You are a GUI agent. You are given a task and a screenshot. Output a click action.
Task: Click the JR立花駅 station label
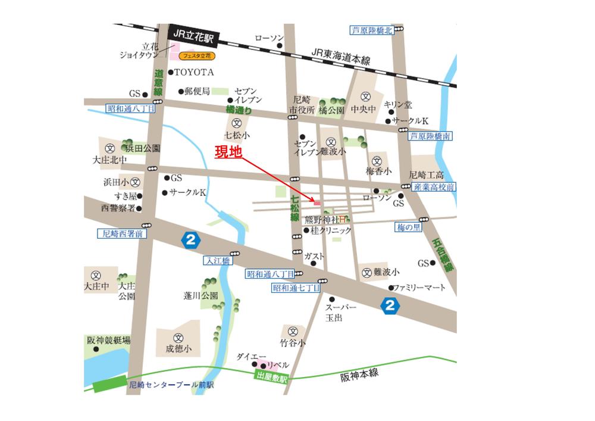pyautogui.click(x=193, y=35)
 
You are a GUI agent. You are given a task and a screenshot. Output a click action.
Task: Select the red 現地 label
pyautogui.click(x=228, y=152)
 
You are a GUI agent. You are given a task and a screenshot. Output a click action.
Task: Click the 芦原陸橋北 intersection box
pyautogui.click(x=371, y=30)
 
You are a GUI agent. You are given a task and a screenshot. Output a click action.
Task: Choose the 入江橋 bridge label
pyautogui.click(x=218, y=260)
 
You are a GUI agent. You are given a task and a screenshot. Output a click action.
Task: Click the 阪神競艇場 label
pyautogui.click(x=108, y=341)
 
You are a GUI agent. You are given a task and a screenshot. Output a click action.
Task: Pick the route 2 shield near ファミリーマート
pyautogui.click(x=390, y=306)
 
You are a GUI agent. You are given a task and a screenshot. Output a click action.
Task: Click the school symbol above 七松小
pyautogui.click(x=236, y=124)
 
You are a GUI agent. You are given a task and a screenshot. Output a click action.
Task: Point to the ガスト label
pyautogui.click(x=314, y=257)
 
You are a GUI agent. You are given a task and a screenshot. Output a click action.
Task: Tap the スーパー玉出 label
pyautogui.click(x=341, y=313)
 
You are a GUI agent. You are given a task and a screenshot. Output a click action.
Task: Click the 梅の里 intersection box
pyautogui.click(x=409, y=227)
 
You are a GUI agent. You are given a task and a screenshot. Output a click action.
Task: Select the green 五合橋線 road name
pyautogui.click(x=440, y=254)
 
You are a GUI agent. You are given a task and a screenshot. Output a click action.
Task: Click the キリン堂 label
pyautogui.click(x=398, y=104)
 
